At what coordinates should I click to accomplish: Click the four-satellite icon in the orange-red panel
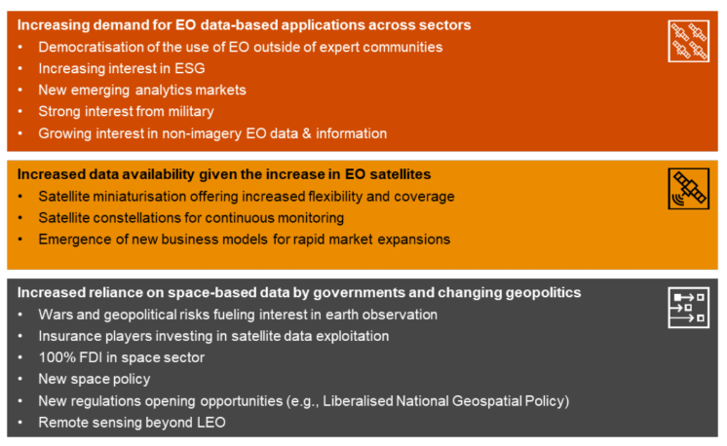coord(689,41)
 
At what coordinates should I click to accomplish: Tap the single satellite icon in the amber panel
coord(689,189)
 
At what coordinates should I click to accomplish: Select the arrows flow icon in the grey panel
coord(689,308)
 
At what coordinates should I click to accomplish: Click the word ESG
coord(190,68)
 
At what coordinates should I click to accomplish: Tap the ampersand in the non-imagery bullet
coord(306,133)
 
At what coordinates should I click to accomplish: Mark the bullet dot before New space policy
coord(19,380)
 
